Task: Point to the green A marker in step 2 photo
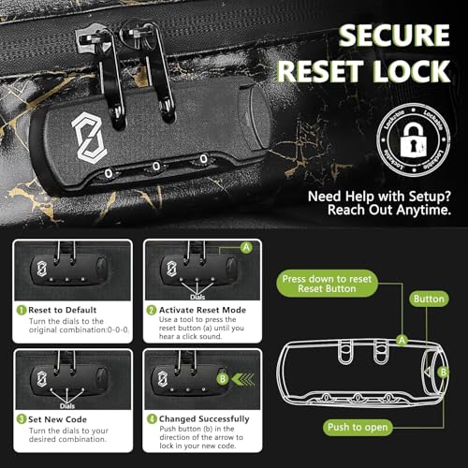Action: coord(246,248)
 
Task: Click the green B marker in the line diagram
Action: coord(444,371)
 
